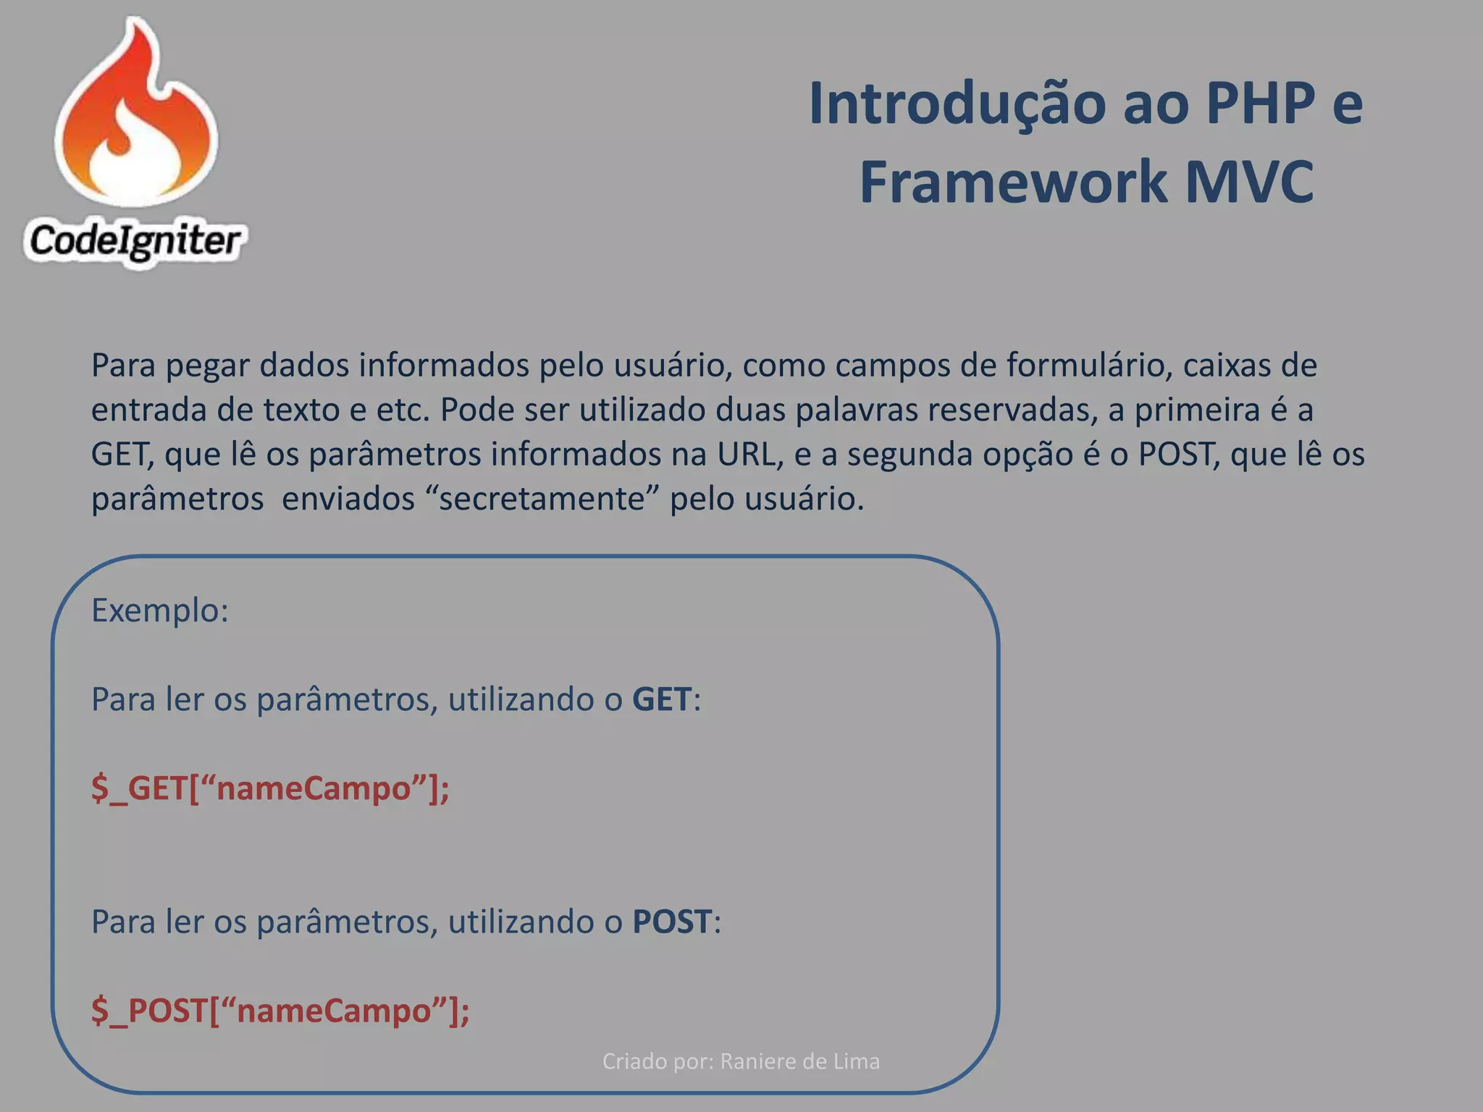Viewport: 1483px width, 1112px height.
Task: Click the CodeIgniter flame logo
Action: click(136, 116)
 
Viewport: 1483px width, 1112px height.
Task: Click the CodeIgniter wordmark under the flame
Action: click(135, 241)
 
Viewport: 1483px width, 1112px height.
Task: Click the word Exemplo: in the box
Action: click(160, 610)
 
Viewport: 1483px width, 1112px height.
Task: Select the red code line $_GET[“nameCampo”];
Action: click(270, 788)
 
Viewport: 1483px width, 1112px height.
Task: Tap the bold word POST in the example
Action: click(672, 922)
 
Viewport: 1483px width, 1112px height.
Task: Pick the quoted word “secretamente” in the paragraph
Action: click(542, 499)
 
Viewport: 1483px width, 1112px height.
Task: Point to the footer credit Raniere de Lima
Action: click(799, 1061)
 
